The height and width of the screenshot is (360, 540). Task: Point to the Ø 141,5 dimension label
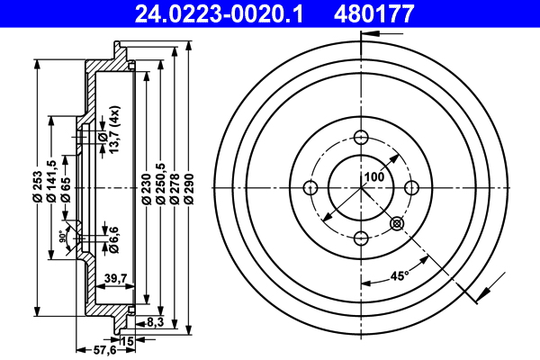click(x=51, y=180)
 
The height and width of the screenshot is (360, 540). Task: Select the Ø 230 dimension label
click(x=146, y=187)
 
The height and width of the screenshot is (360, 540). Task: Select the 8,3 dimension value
click(x=153, y=321)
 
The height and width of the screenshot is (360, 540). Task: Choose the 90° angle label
click(x=61, y=238)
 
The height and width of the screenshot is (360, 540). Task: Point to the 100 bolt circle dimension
click(x=374, y=177)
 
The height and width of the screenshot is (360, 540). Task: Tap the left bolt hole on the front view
click(x=311, y=187)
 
